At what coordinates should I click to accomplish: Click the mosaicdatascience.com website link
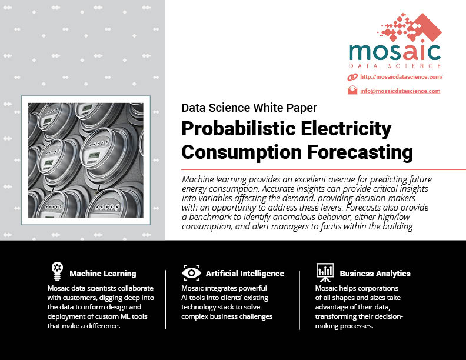pos(401,77)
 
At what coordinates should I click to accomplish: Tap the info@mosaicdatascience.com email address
pos(400,91)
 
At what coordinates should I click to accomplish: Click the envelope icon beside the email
pos(352,90)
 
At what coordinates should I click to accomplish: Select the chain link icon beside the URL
pos(352,77)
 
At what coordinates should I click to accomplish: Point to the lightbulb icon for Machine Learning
pos(57,271)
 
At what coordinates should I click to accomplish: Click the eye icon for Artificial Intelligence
pos(191,273)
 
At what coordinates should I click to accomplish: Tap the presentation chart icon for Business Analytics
pos(325,272)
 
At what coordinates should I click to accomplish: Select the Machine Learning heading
pos(103,274)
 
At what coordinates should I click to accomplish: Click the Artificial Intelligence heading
pos(245,274)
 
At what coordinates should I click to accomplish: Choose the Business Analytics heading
pos(375,274)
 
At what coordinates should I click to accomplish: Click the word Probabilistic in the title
pos(239,129)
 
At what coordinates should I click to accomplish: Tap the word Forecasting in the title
pos(360,152)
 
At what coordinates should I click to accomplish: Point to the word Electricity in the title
pos(346,129)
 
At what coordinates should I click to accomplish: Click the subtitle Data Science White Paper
pos(249,108)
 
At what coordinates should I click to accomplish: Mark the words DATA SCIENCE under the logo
pos(395,66)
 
